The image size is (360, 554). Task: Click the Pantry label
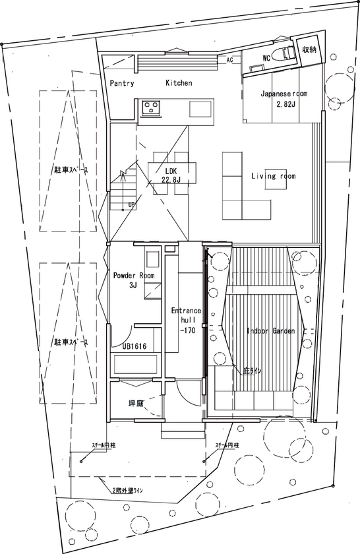(x=122, y=84)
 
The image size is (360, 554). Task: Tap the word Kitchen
(x=179, y=83)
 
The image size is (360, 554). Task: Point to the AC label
(x=229, y=60)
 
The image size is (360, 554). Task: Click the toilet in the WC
(x=286, y=55)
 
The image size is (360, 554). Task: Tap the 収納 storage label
(x=309, y=50)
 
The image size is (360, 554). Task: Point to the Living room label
(x=273, y=176)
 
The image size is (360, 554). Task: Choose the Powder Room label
(x=133, y=276)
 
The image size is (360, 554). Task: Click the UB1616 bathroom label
(x=134, y=346)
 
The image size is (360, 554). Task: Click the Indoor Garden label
(x=270, y=330)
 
